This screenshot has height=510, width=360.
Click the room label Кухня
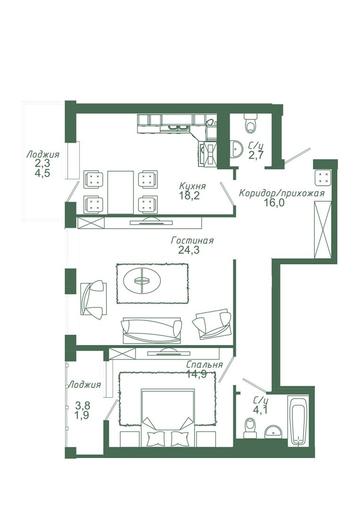(x=193, y=187)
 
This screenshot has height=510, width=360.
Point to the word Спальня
(x=205, y=365)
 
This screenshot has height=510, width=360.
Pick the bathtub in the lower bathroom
(x=299, y=420)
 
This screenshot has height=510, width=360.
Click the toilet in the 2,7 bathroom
(x=250, y=124)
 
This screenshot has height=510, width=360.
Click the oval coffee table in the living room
(x=142, y=280)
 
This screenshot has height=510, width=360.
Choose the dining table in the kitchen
(x=120, y=192)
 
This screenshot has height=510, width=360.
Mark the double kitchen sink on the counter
(x=177, y=128)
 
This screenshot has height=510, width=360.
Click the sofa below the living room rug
(x=152, y=331)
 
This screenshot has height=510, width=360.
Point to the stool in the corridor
(x=323, y=177)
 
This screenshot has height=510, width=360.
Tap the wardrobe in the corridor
(x=323, y=229)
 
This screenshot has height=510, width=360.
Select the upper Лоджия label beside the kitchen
(x=43, y=154)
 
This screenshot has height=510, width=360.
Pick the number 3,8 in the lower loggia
(x=83, y=406)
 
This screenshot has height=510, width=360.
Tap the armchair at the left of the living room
(x=93, y=299)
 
